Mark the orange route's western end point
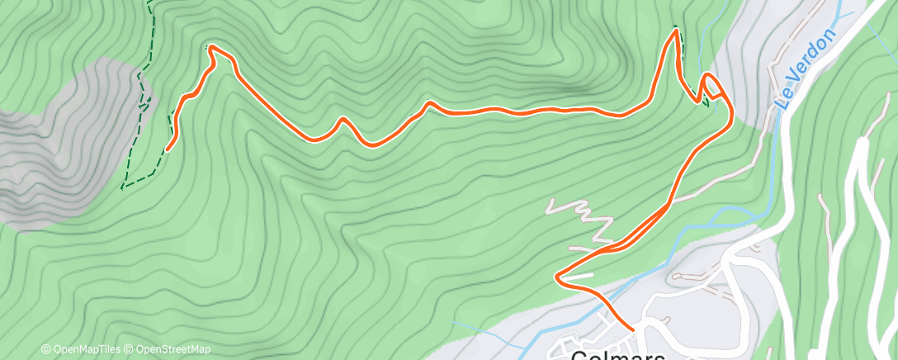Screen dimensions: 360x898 [x=168, y=149]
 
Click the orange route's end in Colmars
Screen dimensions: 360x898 [x=632, y=329]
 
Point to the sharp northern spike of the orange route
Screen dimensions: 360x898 [x=676, y=31]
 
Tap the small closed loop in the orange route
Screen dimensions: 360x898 [x=711, y=86]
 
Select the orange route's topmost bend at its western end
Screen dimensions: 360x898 [x=212, y=48]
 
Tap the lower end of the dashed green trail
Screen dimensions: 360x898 [x=124, y=187]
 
